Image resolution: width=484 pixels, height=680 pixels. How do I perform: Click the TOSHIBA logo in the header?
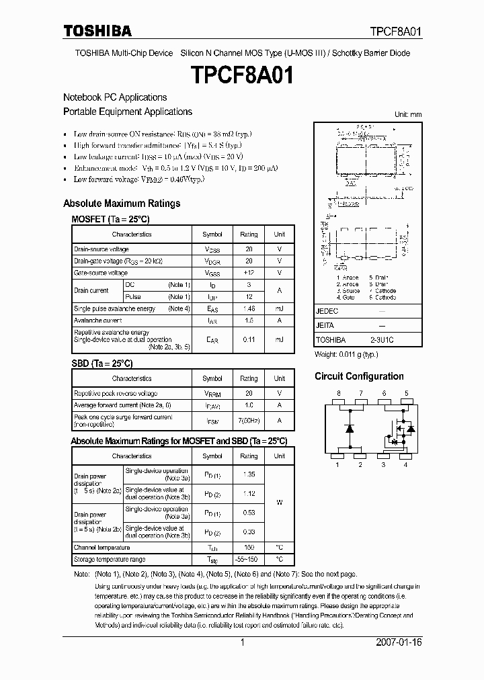point(97,31)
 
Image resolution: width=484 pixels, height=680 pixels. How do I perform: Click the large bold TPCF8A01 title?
point(242,75)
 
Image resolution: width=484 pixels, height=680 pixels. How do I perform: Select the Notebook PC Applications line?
point(115,97)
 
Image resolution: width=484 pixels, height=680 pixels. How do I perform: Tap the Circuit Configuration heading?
point(359,376)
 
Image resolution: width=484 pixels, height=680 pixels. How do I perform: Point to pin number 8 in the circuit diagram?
point(339,392)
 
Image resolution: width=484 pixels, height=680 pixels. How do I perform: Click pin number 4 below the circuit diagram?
point(406,464)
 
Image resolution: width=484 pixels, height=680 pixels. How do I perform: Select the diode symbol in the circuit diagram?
point(349,428)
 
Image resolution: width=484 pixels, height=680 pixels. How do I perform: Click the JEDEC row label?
point(327,312)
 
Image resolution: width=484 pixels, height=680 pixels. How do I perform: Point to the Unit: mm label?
point(407,115)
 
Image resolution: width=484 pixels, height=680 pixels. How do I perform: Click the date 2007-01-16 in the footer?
point(398,642)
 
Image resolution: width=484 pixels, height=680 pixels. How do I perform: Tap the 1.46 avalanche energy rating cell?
point(249,309)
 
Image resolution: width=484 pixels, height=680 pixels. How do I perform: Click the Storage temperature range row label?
point(110,559)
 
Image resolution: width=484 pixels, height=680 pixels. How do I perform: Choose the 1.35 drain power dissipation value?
point(249,474)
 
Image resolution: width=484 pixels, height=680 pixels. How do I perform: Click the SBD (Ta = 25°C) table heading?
point(102,364)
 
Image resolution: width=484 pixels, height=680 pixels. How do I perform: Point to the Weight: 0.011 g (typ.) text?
point(346,353)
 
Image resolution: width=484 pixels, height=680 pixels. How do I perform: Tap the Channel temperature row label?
point(102,548)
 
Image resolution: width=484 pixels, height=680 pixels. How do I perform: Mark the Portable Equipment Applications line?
point(128,112)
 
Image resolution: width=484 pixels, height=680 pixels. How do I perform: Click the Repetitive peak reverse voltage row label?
point(116,393)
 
